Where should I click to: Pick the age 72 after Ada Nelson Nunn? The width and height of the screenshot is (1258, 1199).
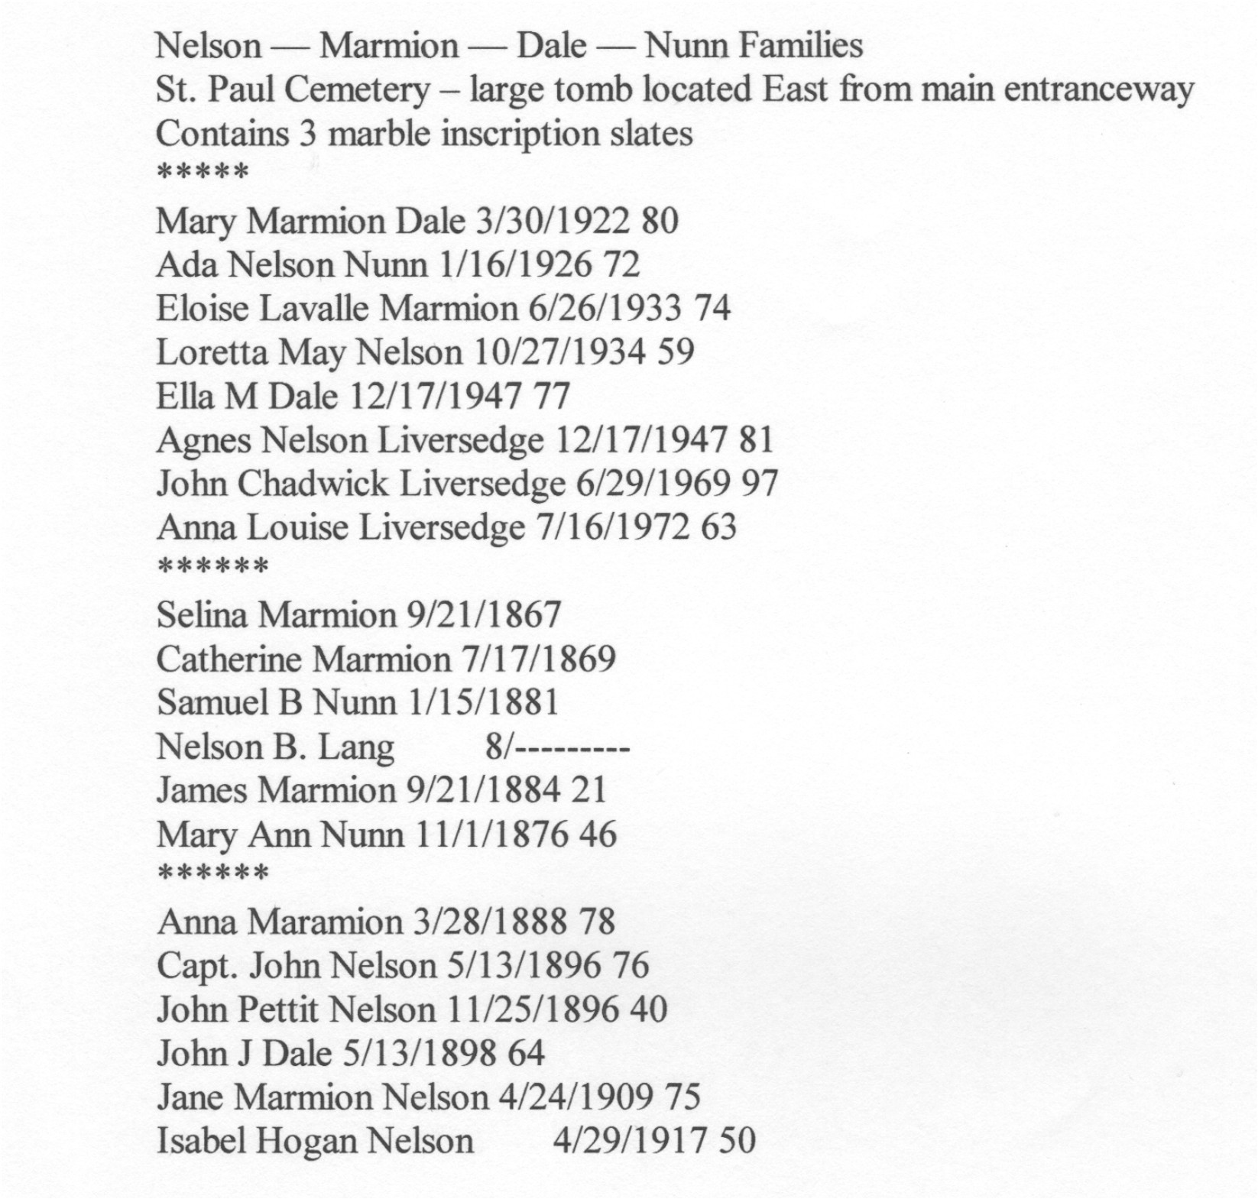pos(621,265)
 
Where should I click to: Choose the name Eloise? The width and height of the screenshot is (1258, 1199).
pos(203,309)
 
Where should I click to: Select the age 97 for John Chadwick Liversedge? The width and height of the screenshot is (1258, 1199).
pos(759,484)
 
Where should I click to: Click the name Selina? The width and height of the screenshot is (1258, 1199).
pos(202,615)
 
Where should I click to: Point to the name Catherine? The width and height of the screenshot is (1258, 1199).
pos(228,659)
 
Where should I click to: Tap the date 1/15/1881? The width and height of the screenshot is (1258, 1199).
pos(484,703)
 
